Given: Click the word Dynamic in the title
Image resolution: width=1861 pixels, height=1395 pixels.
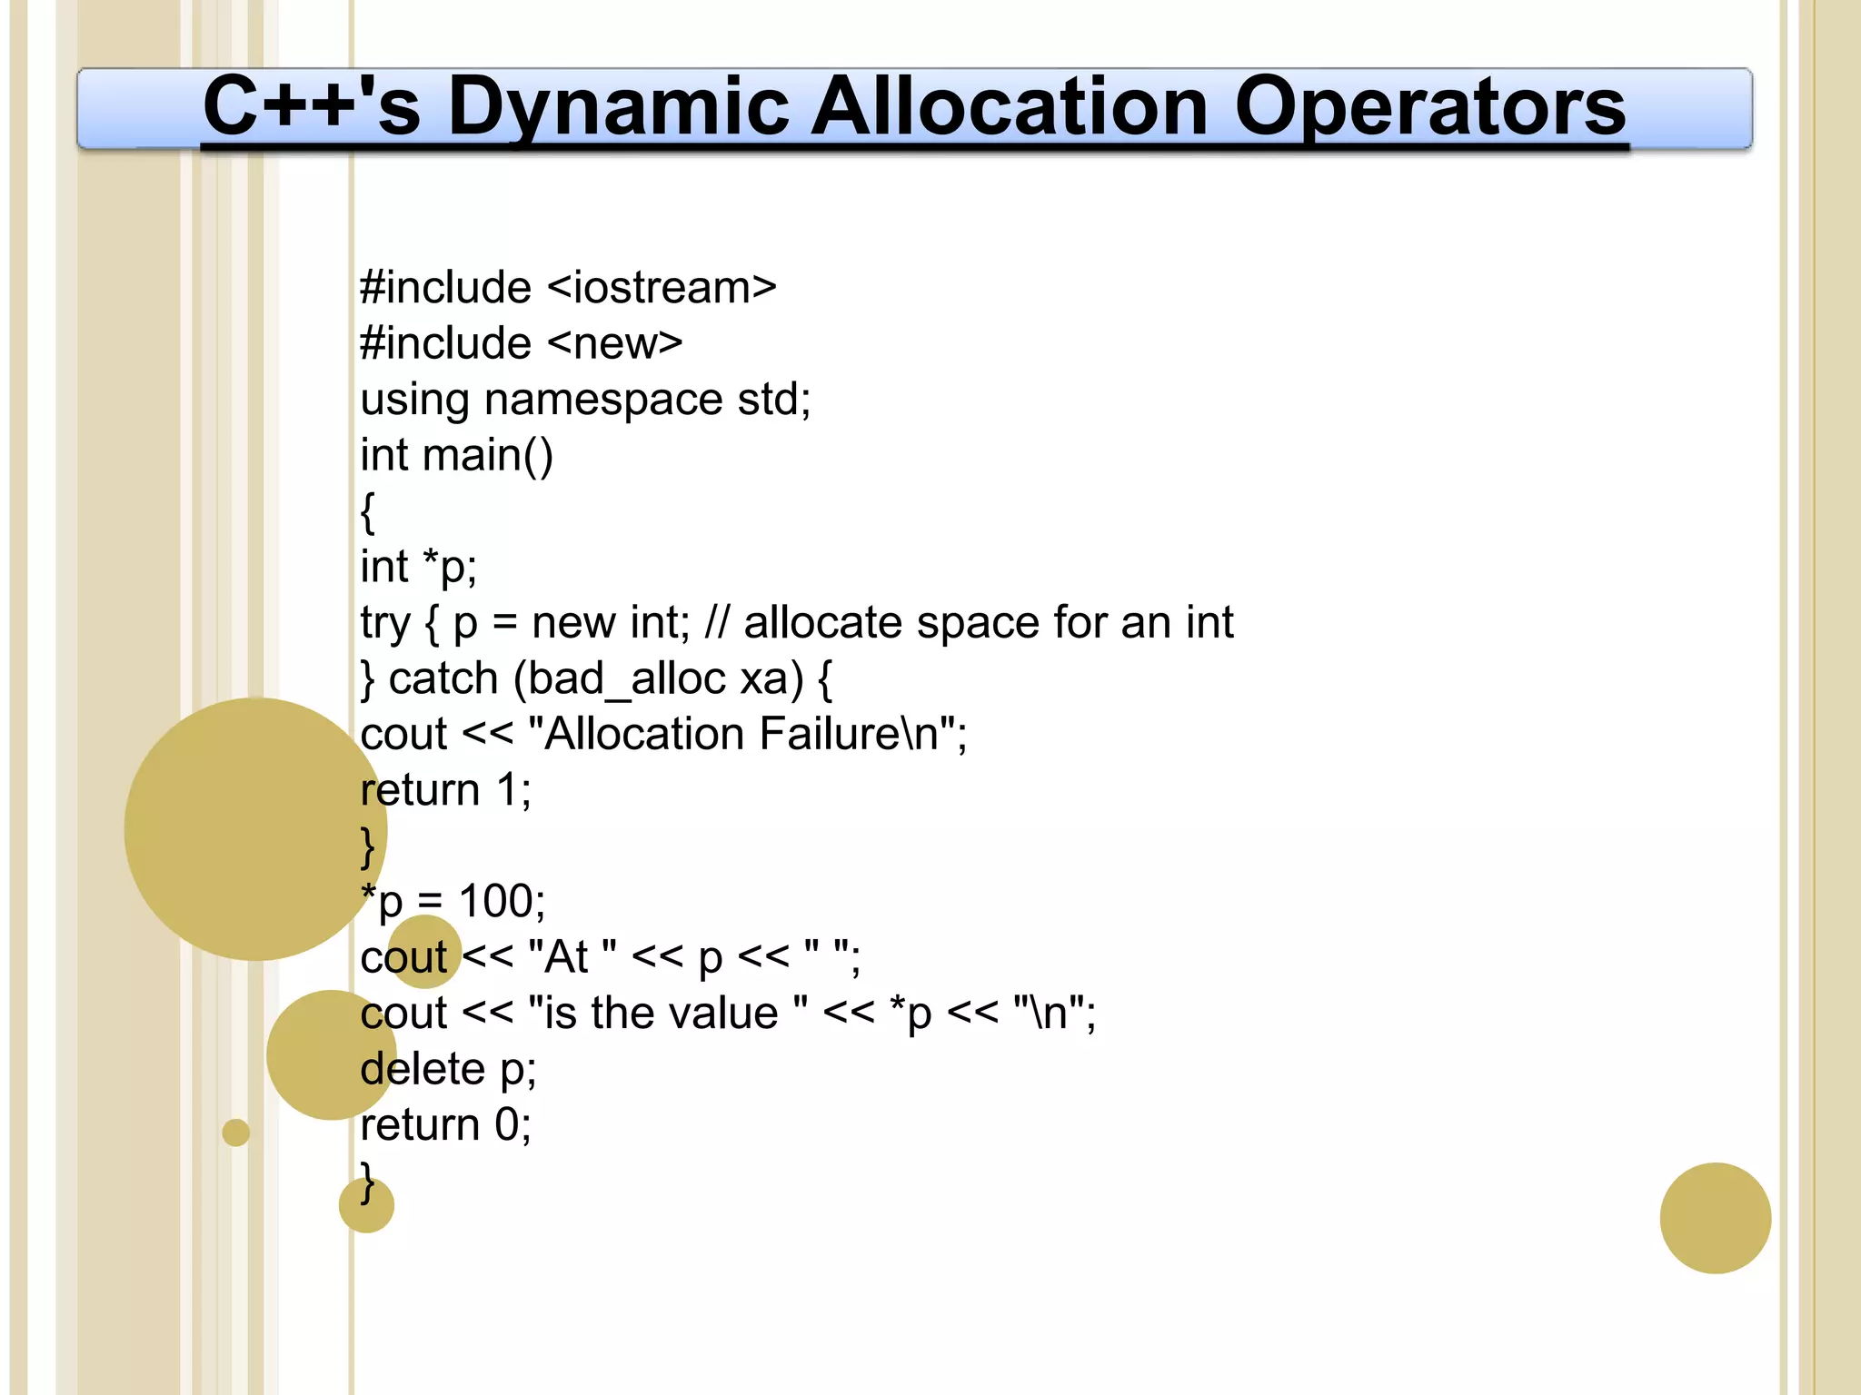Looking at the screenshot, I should [619, 107].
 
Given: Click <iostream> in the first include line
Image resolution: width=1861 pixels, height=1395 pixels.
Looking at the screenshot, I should [662, 288].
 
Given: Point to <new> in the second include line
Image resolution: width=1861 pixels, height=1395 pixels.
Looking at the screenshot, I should [614, 343].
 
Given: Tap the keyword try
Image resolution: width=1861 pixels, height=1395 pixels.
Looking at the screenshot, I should [385, 623].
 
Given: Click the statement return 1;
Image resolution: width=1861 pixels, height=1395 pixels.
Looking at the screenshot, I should [445, 790].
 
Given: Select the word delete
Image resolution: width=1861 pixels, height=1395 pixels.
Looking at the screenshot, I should [423, 1069].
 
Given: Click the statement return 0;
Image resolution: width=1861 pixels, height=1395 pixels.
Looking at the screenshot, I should [445, 1124].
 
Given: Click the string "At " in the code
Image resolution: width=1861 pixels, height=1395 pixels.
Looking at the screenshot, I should [572, 957].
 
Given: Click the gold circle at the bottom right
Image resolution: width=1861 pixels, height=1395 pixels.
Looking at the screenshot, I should [1715, 1218].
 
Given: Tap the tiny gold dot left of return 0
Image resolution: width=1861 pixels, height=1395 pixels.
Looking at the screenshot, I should [235, 1133].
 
